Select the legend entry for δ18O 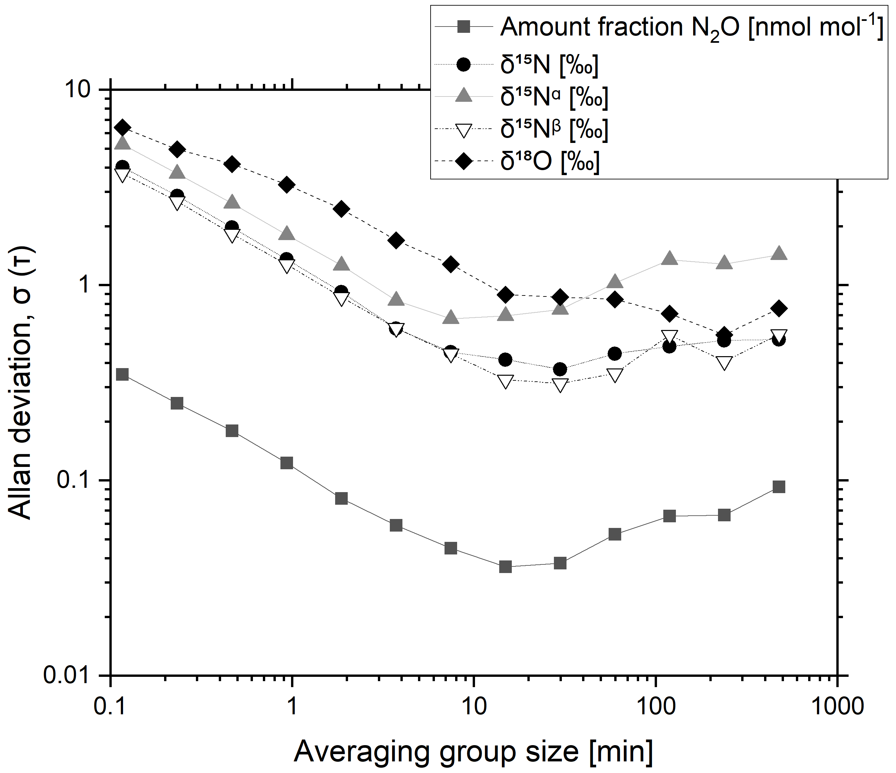click(550, 162)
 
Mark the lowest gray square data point click(505, 567)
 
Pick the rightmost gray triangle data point click(779, 253)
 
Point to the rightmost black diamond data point click(779, 308)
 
